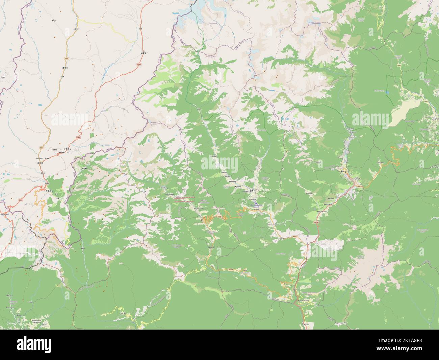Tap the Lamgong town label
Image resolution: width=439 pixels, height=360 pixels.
point(232,182)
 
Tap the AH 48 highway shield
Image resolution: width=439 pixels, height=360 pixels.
point(316,223)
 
